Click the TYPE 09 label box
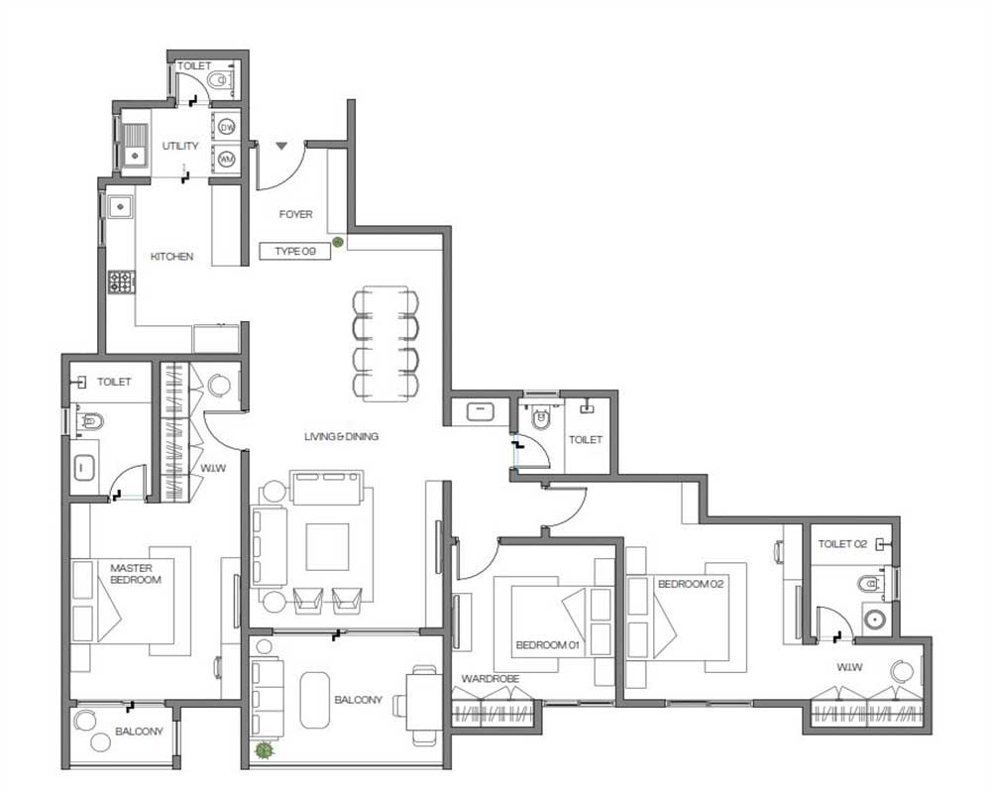point(295,251)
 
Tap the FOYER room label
point(295,214)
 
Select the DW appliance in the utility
point(226,127)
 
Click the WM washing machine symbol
point(226,160)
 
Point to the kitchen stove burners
point(121,283)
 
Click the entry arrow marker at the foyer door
point(281,146)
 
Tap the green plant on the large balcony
point(264,750)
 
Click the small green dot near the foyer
point(338,242)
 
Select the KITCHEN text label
point(171,256)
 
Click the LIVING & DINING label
point(341,436)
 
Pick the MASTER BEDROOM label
point(135,574)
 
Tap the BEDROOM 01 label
point(547,645)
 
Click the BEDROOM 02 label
point(690,584)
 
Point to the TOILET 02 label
point(842,544)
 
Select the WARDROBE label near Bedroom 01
point(491,679)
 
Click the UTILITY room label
point(180,146)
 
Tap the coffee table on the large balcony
point(315,700)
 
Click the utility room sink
point(134,145)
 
